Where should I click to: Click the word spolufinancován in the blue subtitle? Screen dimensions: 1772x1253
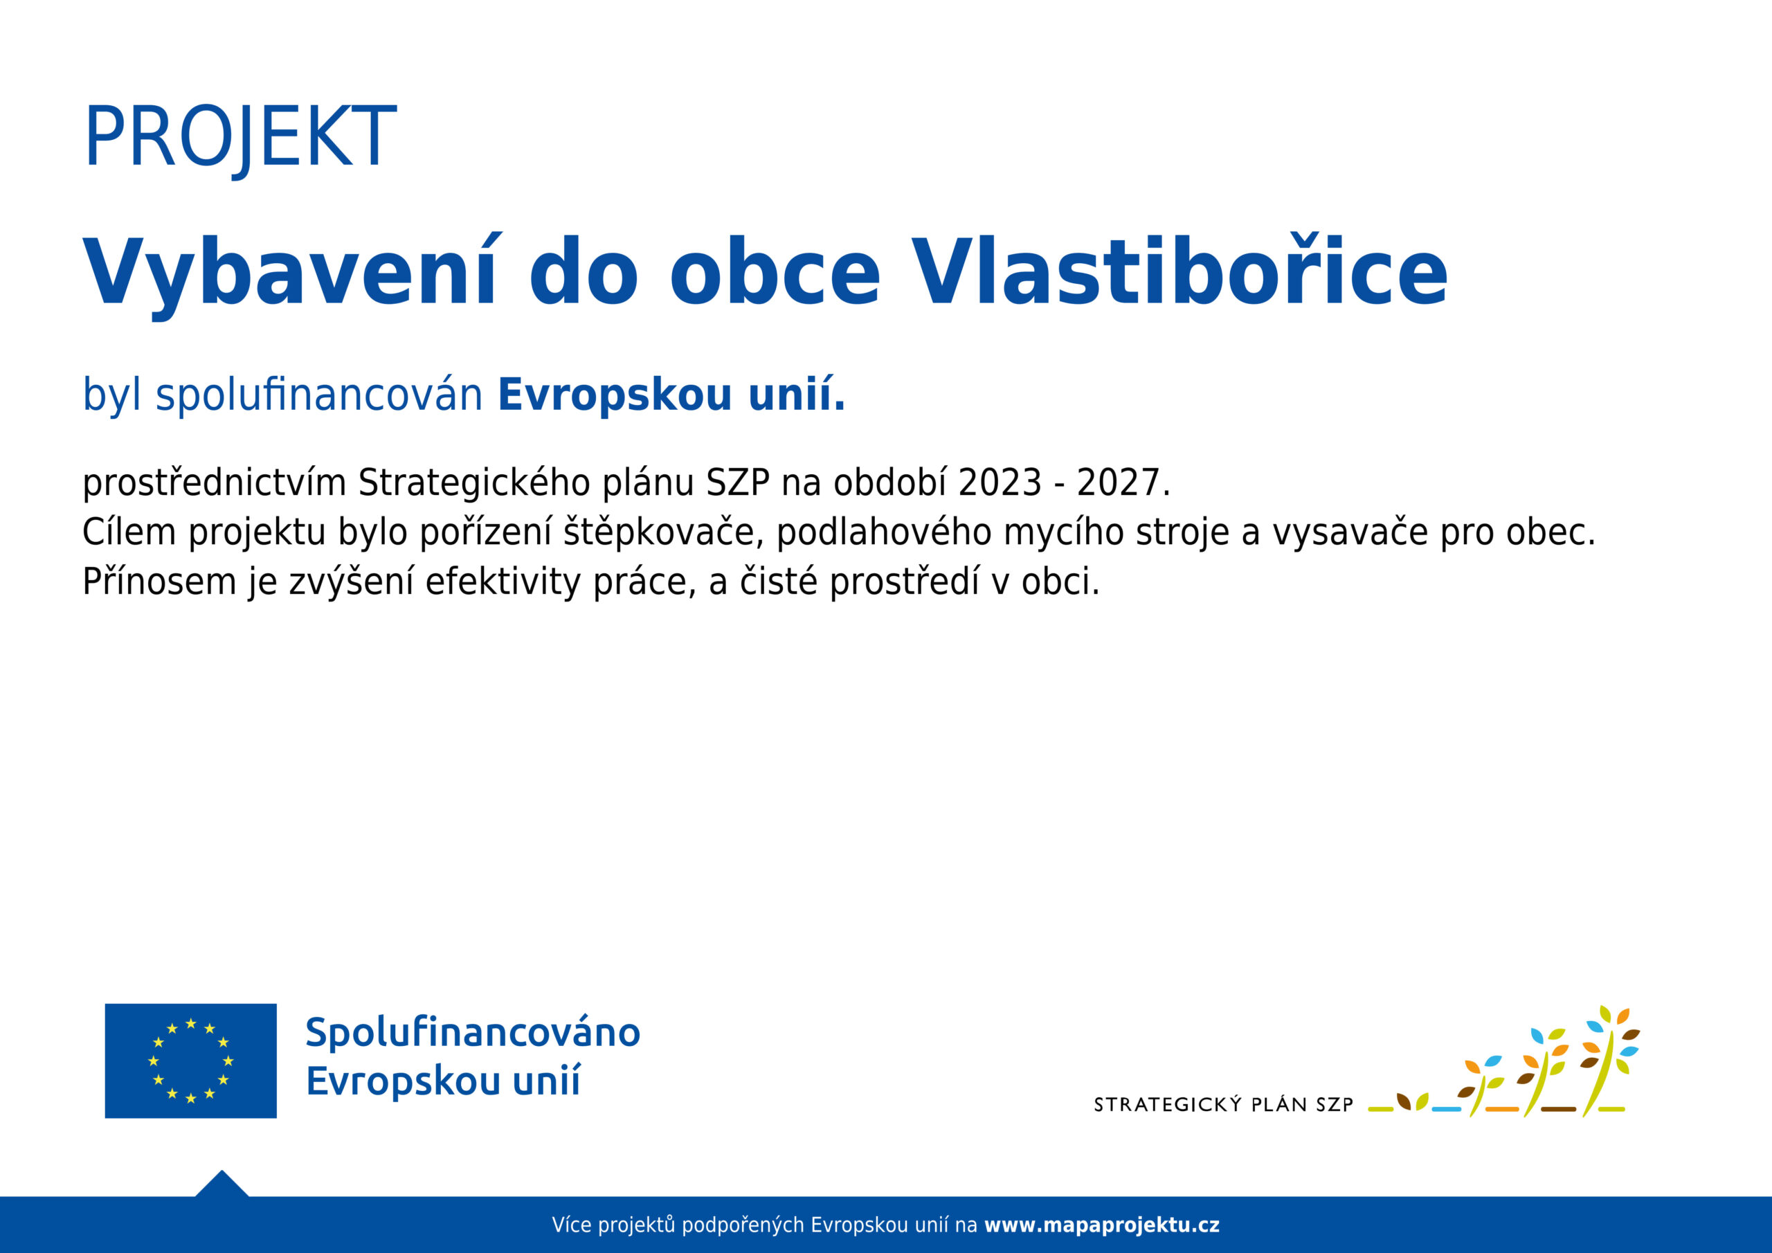[318, 395]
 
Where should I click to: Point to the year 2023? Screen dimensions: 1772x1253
[1000, 483]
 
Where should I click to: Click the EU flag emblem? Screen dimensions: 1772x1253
[190, 1060]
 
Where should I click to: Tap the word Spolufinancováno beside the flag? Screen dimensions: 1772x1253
[473, 1033]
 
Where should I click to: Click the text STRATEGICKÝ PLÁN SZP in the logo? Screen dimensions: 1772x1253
[1224, 1105]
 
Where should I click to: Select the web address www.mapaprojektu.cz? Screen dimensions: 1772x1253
[1102, 1225]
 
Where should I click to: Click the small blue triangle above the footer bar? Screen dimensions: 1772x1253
[222, 1184]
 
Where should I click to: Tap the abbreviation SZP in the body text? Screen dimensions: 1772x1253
[738, 483]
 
